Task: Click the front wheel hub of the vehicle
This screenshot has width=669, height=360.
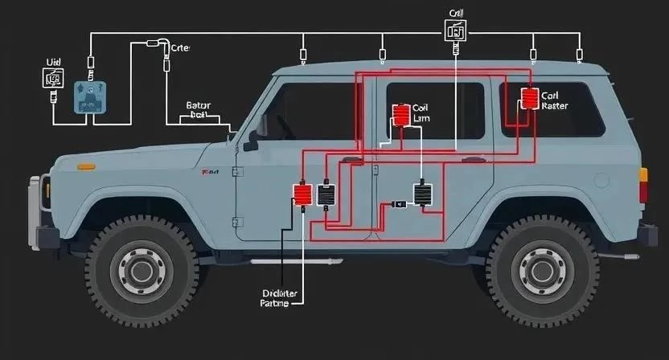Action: pyautogui.click(x=142, y=266)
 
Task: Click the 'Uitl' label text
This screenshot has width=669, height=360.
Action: pyautogui.click(x=54, y=61)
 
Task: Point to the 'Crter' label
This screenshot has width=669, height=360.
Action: pyautogui.click(x=182, y=48)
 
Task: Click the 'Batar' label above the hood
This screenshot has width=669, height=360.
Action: pyautogui.click(x=198, y=104)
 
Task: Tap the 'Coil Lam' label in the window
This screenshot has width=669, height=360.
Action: pyautogui.click(x=422, y=113)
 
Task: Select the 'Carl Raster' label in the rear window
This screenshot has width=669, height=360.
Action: pyautogui.click(x=554, y=100)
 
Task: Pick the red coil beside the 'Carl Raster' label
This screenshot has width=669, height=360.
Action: pyautogui.click(x=531, y=99)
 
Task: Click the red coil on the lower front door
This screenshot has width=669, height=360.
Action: pyautogui.click(x=303, y=194)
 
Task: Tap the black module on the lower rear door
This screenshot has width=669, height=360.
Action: pyautogui.click(x=423, y=194)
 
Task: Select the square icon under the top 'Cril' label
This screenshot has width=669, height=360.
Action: pyautogui.click(x=455, y=32)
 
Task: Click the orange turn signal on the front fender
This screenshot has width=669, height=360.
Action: pyautogui.click(x=85, y=167)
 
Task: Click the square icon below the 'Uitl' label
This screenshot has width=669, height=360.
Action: pyautogui.click(x=53, y=78)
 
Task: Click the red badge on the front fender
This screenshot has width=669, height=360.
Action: pyautogui.click(x=211, y=172)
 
